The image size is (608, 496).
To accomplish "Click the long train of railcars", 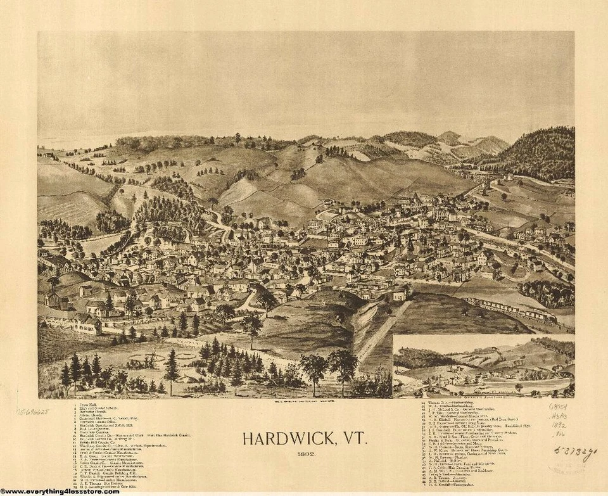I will pos(507,309).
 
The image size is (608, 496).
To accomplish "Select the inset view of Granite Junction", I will pos(483,366).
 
